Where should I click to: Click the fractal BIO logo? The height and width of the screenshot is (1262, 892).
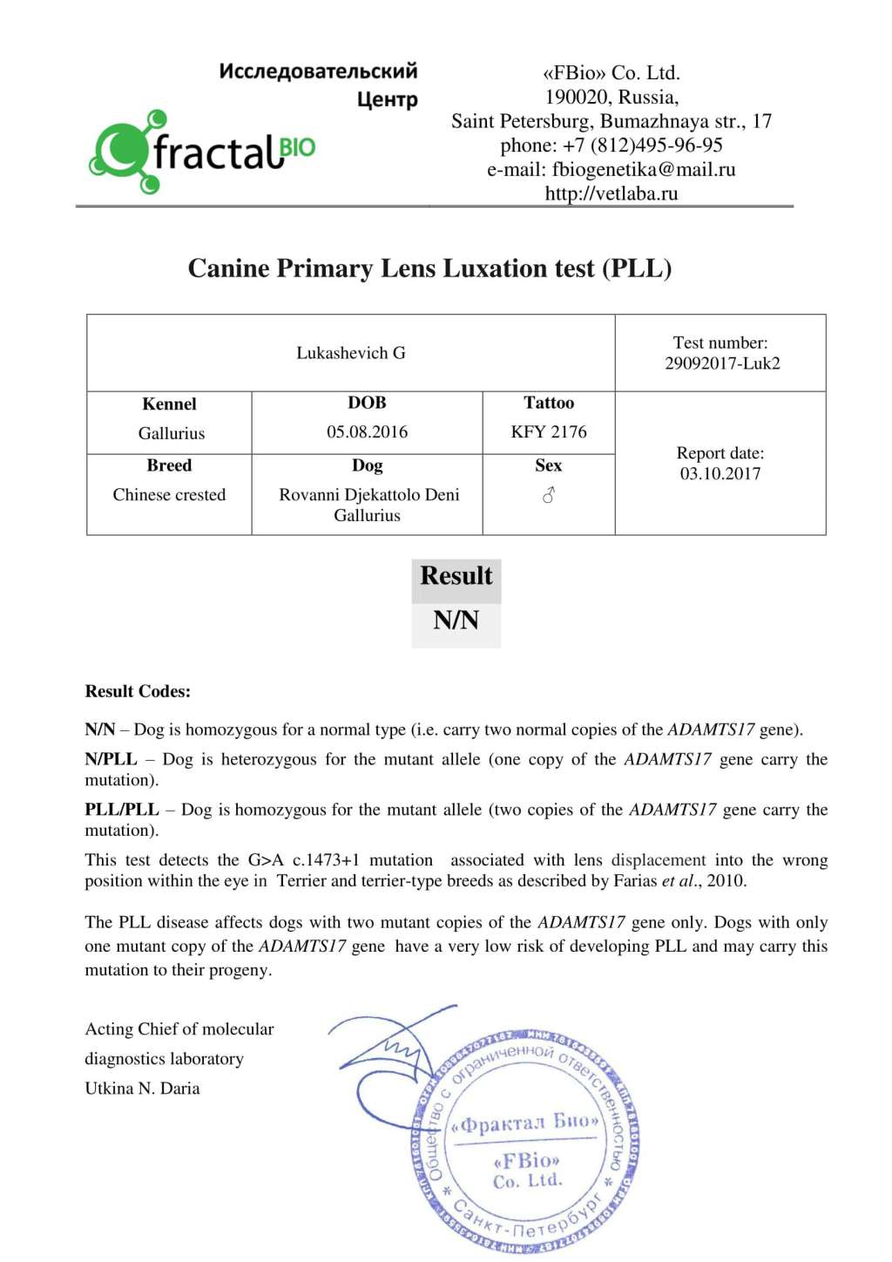[x=202, y=153]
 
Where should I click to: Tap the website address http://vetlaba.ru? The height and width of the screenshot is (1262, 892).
[x=611, y=193]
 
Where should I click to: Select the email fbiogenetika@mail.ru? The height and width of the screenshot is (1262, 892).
[x=643, y=169]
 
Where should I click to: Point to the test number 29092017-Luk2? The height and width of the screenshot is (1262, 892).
[x=722, y=363]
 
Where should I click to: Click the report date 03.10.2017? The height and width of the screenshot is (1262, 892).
[x=720, y=473]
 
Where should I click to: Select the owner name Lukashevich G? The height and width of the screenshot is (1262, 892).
[x=350, y=353]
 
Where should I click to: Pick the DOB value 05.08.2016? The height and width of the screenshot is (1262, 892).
[x=367, y=432]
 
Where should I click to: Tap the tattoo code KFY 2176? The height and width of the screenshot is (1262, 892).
[x=549, y=432]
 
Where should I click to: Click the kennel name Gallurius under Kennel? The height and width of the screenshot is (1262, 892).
[x=172, y=433]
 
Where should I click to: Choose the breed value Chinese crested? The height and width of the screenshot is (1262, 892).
[x=169, y=495]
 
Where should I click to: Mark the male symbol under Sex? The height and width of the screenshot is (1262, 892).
[x=549, y=495]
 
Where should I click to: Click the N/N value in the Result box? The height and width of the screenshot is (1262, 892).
[x=456, y=621]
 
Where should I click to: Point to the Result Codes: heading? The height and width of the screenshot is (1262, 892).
[x=138, y=691]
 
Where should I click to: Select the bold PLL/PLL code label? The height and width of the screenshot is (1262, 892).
[x=121, y=810]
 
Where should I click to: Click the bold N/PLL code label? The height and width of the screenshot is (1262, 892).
[x=111, y=759]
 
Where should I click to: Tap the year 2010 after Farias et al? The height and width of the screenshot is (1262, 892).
[x=726, y=880]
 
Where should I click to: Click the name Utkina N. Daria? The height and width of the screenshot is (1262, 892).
[x=142, y=1089]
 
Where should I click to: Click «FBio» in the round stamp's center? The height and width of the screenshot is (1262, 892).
[x=526, y=1161]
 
